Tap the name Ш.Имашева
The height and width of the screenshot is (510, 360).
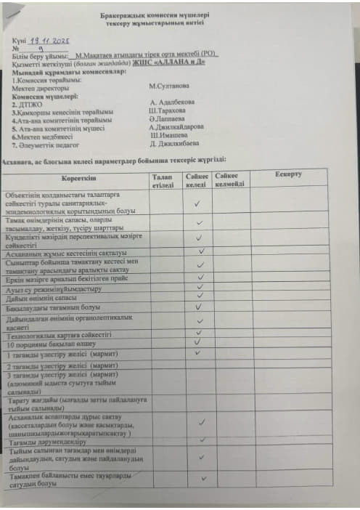pyautogui.click(x=170, y=135)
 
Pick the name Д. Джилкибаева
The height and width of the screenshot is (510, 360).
pyautogui.click(x=175, y=144)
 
